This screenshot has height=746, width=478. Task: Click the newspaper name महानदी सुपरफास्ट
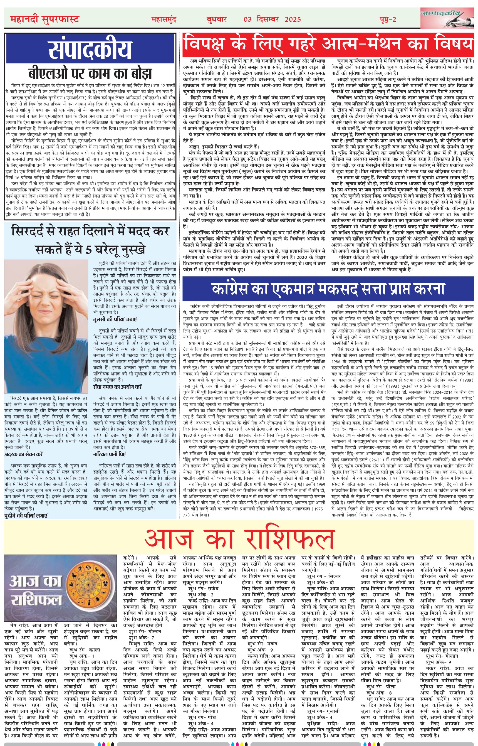click(x=45, y=19)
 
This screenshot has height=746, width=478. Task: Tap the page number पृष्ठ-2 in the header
click(x=388, y=19)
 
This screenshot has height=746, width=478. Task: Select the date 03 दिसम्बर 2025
click(x=272, y=19)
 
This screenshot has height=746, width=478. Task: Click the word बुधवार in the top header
click(x=216, y=19)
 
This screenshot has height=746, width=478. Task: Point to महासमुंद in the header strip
click(x=164, y=19)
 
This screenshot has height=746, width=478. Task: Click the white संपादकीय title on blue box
click(x=90, y=49)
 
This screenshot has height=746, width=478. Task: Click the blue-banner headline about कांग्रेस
click(x=328, y=289)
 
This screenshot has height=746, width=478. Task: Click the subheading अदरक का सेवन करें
click(x=24, y=454)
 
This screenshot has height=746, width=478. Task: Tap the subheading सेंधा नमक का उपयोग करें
click(x=117, y=387)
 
